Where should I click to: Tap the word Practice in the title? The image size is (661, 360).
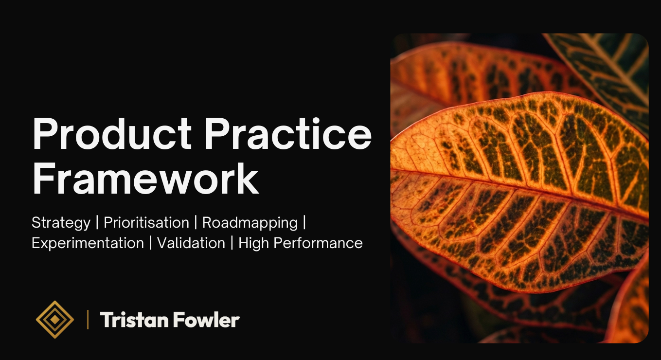[290, 135]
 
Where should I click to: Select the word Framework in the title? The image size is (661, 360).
[145, 180]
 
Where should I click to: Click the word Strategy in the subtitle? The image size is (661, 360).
[61, 223]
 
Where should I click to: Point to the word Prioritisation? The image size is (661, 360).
[146, 223]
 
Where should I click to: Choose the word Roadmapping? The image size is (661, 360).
[250, 223]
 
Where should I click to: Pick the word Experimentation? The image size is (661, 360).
[88, 243]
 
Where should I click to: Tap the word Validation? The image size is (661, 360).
[191, 243]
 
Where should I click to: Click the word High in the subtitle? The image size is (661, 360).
[254, 243]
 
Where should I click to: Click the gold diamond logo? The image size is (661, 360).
[55, 320]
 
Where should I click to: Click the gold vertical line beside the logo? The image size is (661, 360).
[88, 320]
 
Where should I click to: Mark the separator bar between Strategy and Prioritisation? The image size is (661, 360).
[97, 223]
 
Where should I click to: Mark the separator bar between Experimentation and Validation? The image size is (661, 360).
[151, 243]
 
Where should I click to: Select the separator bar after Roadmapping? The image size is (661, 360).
[304, 223]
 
